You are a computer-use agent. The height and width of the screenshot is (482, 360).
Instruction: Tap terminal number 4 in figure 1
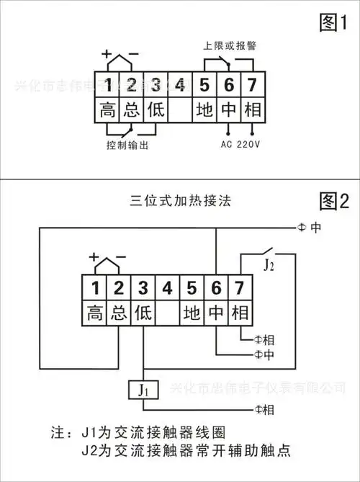coord(180,85)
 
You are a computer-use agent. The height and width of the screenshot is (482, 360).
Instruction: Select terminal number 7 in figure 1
coord(252,85)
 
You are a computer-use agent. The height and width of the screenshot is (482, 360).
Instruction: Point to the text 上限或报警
coord(229,45)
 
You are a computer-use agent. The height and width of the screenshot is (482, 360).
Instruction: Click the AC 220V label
coord(240,143)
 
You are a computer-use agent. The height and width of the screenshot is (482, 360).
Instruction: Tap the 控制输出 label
coord(127,145)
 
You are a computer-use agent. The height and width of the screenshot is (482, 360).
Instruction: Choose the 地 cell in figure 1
coord(204,110)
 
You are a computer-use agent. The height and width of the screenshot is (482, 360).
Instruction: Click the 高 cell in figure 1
coord(107,110)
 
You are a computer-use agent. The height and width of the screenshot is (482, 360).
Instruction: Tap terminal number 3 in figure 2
coord(143,289)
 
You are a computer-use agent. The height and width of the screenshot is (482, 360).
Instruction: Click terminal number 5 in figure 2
coord(192,289)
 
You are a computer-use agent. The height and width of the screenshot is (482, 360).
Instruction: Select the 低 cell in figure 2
coord(143,313)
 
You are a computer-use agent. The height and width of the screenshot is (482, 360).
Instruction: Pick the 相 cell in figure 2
coord(239,313)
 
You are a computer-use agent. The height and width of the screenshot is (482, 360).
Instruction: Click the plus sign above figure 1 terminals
coord(107,54)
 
